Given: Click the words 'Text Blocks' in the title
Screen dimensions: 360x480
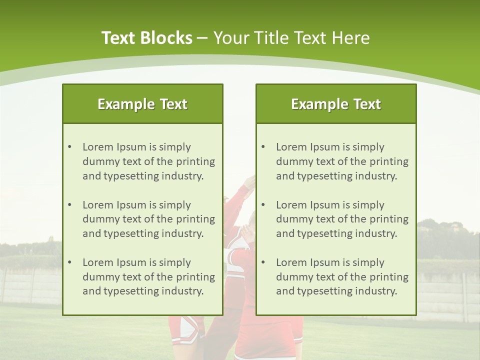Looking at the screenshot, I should (x=146, y=38).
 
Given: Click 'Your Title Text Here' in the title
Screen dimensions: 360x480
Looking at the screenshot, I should (x=291, y=38).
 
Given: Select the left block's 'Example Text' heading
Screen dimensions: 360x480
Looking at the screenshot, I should (x=142, y=104).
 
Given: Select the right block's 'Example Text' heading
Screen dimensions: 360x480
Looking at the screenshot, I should (x=336, y=104).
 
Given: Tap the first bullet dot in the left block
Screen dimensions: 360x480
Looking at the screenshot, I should (x=69, y=147).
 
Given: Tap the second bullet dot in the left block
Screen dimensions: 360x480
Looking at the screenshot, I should (x=69, y=205).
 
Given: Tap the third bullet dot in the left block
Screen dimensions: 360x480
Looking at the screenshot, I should (x=69, y=262).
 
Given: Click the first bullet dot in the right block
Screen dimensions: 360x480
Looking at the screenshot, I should (x=263, y=147).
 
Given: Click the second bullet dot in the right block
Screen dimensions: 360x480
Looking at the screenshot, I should (x=263, y=205).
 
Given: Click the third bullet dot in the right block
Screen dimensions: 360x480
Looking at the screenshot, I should (x=263, y=262).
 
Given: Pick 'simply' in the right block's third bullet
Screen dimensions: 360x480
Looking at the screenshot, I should (x=368, y=262).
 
